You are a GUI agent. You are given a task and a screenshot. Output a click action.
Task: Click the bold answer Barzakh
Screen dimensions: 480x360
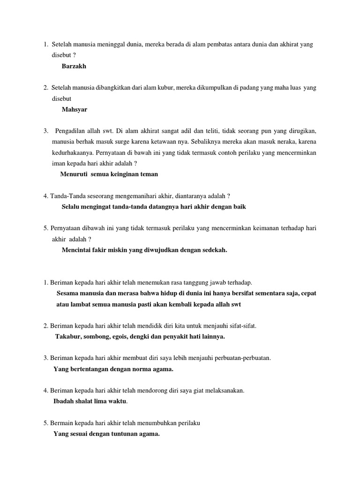coord(74,66)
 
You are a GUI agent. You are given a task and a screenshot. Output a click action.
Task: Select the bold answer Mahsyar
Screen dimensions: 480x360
coord(74,109)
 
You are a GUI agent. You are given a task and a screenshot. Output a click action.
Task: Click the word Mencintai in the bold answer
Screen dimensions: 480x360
coord(77,250)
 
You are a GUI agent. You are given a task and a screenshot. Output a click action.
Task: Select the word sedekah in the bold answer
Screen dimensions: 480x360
coord(212,250)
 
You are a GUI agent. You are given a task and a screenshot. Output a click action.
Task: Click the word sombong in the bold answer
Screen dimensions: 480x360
coord(98,337)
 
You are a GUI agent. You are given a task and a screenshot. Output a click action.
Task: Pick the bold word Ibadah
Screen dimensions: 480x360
coord(65,401)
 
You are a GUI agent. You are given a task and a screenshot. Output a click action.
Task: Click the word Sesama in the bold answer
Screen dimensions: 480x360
coord(68,293)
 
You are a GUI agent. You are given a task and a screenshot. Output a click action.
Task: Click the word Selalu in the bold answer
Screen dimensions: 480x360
coord(72,206)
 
